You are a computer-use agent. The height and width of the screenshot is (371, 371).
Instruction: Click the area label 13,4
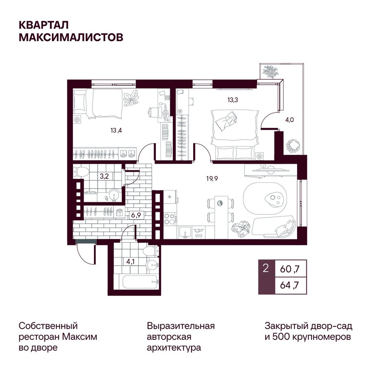click(x=116, y=130)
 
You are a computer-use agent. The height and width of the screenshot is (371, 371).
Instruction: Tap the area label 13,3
click(x=233, y=100)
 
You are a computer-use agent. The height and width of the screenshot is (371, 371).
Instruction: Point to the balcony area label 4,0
click(x=289, y=120)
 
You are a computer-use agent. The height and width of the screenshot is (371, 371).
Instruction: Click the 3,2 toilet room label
click(x=104, y=176)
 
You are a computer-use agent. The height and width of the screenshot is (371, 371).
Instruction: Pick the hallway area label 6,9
click(x=136, y=215)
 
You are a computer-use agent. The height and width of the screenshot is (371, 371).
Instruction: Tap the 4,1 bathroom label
click(x=130, y=262)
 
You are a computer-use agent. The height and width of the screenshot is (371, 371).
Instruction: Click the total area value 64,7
click(x=290, y=285)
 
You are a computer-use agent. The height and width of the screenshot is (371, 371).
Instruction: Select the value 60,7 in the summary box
click(x=290, y=269)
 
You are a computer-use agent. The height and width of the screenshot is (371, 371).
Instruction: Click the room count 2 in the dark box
click(x=266, y=269)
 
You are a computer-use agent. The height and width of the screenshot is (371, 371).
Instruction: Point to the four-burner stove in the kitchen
click(x=170, y=219)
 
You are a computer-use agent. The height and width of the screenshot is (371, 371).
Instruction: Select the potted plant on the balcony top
click(x=271, y=72)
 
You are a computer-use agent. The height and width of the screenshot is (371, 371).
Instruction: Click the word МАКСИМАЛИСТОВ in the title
click(x=71, y=37)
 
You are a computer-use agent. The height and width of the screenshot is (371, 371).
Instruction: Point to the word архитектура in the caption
click(x=174, y=348)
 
